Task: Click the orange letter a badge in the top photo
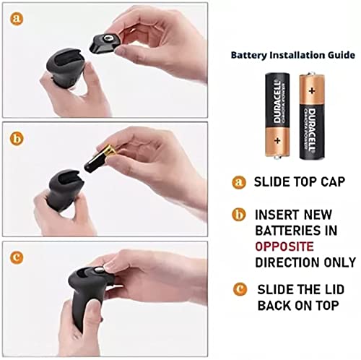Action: tap(15, 16)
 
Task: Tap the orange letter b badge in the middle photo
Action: tap(15, 136)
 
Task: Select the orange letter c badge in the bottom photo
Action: tap(15, 256)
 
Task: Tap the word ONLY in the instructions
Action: tap(337, 262)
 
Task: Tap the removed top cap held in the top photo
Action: tap(108, 40)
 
